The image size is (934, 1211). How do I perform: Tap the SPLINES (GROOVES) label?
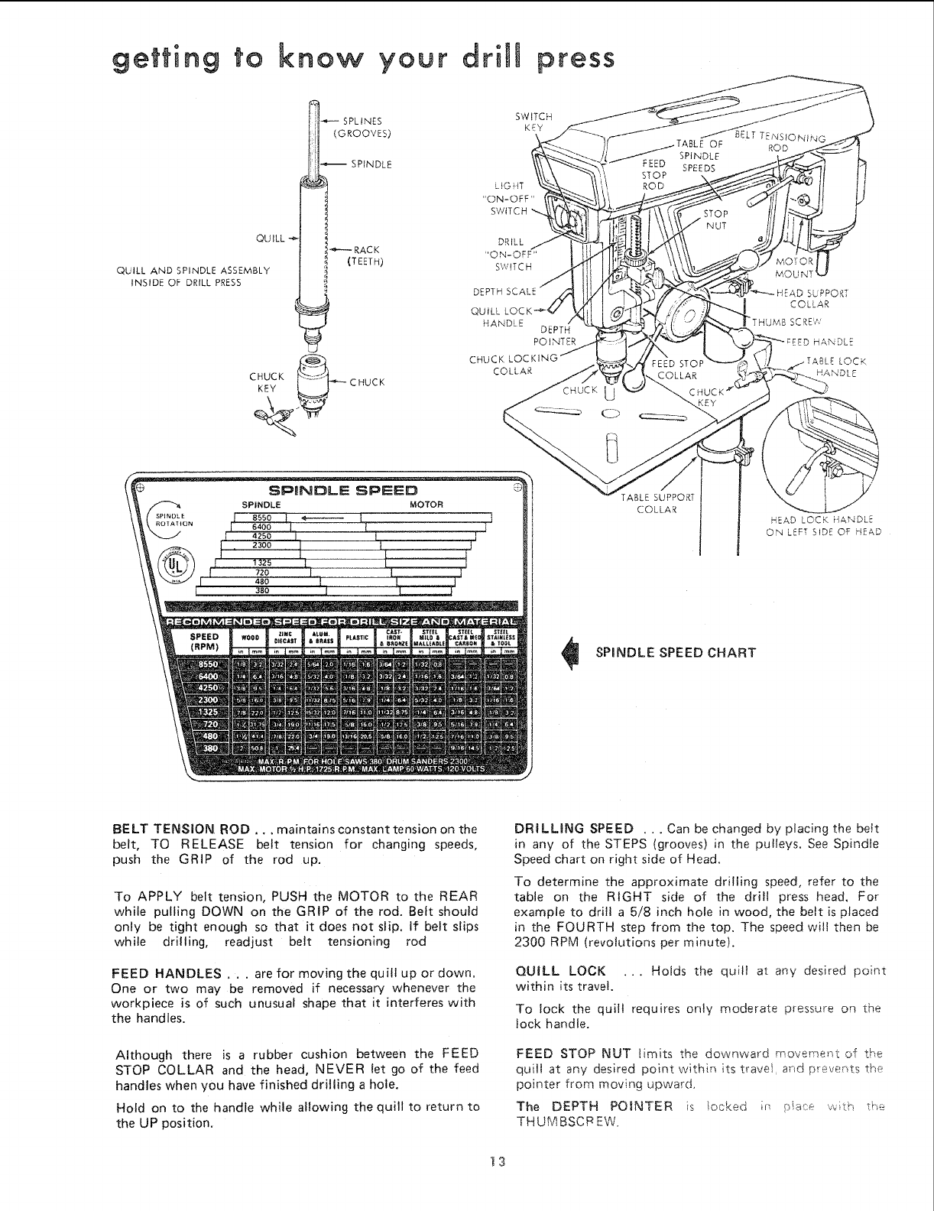pyautogui.click(x=364, y=126)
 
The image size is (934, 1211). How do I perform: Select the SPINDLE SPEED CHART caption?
pyautogui.click(x=675, y=652)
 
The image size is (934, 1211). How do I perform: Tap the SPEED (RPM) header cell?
pyautogui.click(x=204, y=640)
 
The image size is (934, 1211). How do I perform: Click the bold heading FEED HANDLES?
pyautogui.click(x=167, y=973)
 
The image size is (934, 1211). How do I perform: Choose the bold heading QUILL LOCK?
pyautogui.click(x=562, y=972)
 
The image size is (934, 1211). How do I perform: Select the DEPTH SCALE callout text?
pyautogui.click(x=506, y=291)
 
